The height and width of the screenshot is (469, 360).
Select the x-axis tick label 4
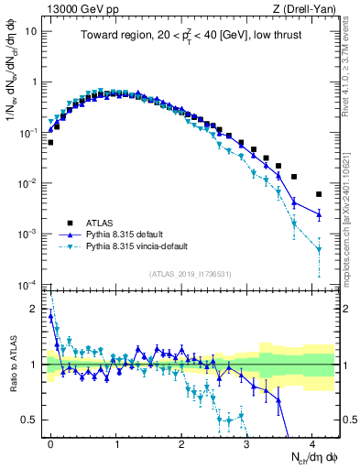(312, 442)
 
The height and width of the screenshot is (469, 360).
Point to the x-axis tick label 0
(50, 442)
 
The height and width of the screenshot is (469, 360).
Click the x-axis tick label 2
(181, 442)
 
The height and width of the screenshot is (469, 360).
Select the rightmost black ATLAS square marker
(319, 194)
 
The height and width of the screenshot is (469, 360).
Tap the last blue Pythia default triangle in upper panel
(319, 214)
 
